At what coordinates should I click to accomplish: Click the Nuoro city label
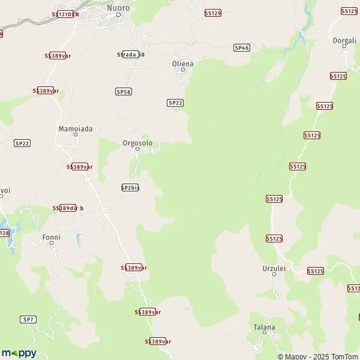[118, 8]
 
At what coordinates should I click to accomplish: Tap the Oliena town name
[182, 63]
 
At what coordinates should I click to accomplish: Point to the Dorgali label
[344, 40]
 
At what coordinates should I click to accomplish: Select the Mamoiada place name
[74, 128]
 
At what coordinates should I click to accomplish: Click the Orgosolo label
[137, 143]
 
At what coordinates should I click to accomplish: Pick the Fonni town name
[52, 237]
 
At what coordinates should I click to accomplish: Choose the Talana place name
[265, 327]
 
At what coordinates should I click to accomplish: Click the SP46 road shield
[241, 47]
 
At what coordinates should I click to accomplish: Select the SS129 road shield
[212, 13]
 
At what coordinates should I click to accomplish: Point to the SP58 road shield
[123, 91]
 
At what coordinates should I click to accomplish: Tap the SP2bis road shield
[130, 187]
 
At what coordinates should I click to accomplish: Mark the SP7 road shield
[28, 319]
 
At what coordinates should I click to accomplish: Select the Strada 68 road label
[131, 54]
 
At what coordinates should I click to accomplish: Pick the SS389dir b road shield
[68, 208]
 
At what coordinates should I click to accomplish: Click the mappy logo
[19, 353]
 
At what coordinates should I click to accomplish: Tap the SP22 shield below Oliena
[175, 103]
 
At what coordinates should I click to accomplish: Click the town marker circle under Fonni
[52, 244]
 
